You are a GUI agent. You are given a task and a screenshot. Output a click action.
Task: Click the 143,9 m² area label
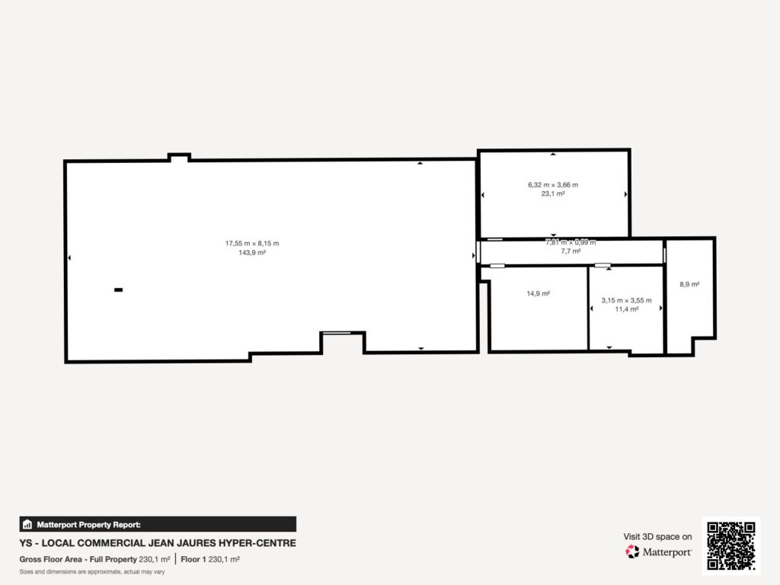click(x=252, y=252)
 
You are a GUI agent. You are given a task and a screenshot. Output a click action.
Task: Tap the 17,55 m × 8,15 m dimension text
click(x=252, y=243)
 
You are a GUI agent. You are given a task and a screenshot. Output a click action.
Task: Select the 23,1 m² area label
click(x=553, y=193)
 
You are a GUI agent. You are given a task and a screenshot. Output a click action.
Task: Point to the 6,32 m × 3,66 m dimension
click(x=553, y=184)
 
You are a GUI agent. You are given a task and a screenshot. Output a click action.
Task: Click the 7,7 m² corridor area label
click(x=571, y=251)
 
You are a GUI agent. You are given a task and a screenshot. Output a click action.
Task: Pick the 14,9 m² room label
click(x=539, y=293)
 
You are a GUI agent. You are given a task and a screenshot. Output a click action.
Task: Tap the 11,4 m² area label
click(x=627, y=309)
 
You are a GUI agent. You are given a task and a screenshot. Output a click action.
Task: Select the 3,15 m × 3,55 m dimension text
click(x=627, y=300)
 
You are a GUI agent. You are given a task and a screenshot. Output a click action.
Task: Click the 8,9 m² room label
click(x=689, y=284)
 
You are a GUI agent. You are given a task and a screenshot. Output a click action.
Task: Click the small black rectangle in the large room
click(x=118, y=289)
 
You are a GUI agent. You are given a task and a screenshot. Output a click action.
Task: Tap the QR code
click(x=730, y=545)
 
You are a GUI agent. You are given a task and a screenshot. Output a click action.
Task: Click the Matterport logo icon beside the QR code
click(x=632, y=551)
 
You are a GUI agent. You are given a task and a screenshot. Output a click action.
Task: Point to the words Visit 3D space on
click(x=658, y=537)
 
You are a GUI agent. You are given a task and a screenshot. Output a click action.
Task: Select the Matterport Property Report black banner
click(x=158, y=524)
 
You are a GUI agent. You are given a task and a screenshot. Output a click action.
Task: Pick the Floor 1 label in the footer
click(x=194, y=559)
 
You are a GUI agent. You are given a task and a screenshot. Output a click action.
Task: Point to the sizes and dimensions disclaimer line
click(x=92, y=571)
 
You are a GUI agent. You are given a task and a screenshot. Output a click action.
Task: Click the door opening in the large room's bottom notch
click(x=335, y=332)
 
